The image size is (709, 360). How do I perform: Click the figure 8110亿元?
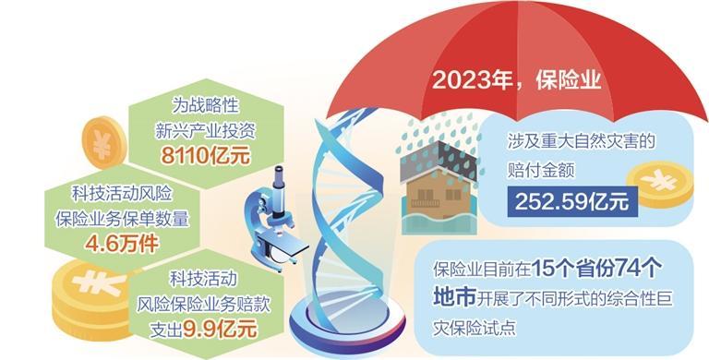click(206, 156)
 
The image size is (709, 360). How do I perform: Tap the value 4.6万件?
click(122, 244)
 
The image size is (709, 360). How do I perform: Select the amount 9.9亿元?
click(220, 329)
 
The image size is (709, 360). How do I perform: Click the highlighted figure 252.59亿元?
click(572, 202)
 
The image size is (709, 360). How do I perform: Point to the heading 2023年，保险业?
click(516, 81)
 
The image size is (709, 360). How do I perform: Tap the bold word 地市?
click(454, 298)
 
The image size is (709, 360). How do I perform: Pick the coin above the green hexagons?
click(104, 142)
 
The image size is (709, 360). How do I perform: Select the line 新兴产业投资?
click(206, 130)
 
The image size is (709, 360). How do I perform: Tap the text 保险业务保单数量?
click(122, 219)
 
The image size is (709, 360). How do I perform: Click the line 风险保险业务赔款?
click(203, 304)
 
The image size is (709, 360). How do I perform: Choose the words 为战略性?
click(205, 105)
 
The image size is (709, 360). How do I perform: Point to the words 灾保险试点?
click(475, 328)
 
